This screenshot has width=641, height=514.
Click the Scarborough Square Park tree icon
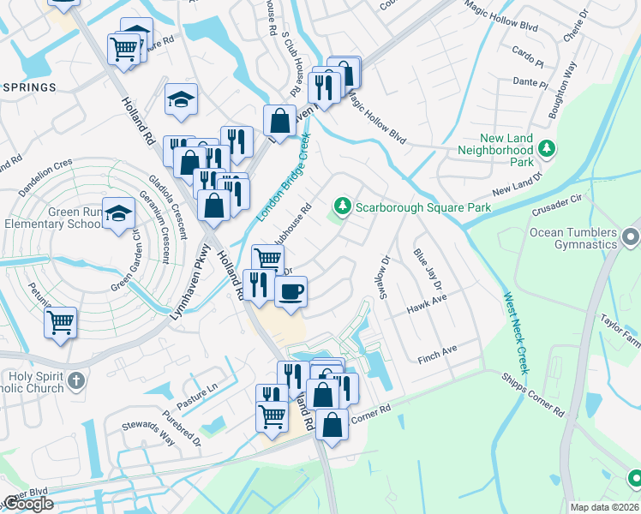(343, 206)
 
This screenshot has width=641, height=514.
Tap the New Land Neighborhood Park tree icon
(547, 151)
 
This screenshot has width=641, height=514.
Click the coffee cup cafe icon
(290, 291)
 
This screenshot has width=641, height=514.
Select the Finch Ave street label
(437, 350)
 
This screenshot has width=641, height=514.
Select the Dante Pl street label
(530, 83)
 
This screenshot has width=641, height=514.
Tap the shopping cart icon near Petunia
(61, 323)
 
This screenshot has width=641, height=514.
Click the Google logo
(27, 504)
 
